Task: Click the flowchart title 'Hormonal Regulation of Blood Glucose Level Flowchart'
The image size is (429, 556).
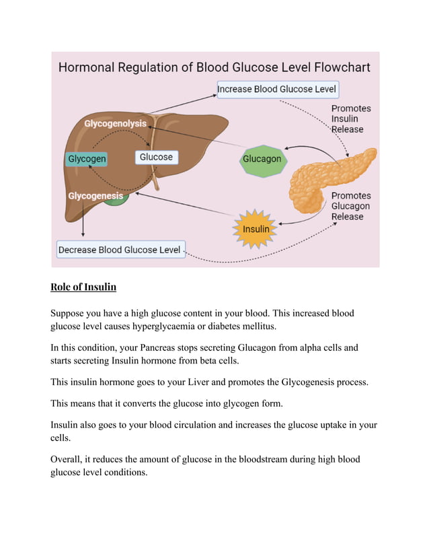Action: tap(214, 68)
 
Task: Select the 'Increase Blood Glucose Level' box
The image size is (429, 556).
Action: tap(277, 89)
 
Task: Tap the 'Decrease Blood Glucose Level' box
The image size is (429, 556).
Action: tap(120, 250)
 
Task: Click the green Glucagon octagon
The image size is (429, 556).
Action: tap(262, 160)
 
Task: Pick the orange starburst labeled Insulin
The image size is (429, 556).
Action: tap(256, 229)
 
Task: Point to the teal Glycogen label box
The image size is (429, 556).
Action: tap(87, 160)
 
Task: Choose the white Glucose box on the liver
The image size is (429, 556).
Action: tap(156, 158)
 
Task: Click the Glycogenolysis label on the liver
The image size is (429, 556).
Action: tap(115, 124)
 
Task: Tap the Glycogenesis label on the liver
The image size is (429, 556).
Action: tap(95, 196)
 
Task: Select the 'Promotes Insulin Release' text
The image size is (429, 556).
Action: tap(350, 118)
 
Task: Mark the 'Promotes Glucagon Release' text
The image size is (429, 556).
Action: tap(350, 206)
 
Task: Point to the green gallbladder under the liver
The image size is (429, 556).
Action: tap(116, 201)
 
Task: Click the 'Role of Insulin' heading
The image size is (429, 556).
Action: tap(83, 287)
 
